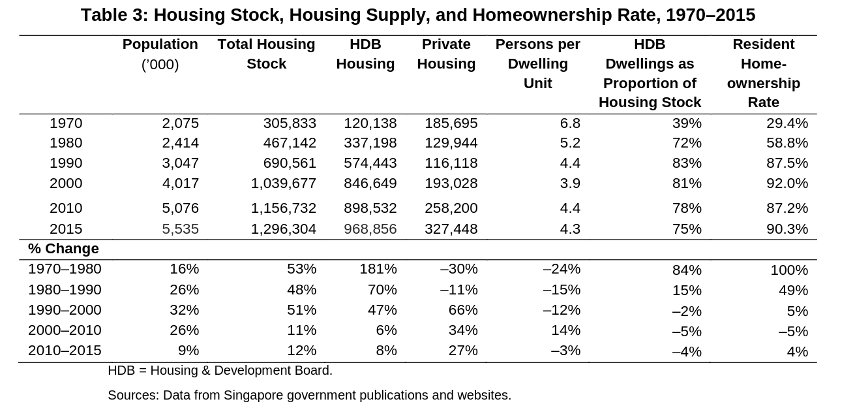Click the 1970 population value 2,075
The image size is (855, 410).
(x=180, y=123)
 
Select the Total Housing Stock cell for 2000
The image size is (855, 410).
(x=283, y=183)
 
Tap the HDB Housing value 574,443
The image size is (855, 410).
(x=370, y=163)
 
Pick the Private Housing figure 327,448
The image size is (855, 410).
(x=451, y=229)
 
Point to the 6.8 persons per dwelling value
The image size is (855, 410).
(x=570, y=123)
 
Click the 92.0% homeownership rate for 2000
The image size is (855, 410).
(x=787, y=183)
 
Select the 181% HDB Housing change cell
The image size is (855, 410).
(x=378, y=269)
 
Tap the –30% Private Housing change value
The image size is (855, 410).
(x=458, y=269)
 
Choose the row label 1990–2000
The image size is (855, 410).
(x=65, y=310)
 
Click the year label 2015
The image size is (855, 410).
(x=66, y=229)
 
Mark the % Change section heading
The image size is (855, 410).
(x=63, y=249)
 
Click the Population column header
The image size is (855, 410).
(x=160, y=54)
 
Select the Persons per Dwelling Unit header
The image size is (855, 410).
(x=538, y=63)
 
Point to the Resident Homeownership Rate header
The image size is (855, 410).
(x=764, y=73)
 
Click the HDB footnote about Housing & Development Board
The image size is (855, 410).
(x=220, y=371)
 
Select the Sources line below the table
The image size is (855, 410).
(x=310, y=395)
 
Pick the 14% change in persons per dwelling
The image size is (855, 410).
(x=565, y=330)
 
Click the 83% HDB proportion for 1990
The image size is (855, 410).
(x=687, y=163)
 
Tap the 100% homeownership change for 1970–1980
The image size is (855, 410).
(x=789, y=270)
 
